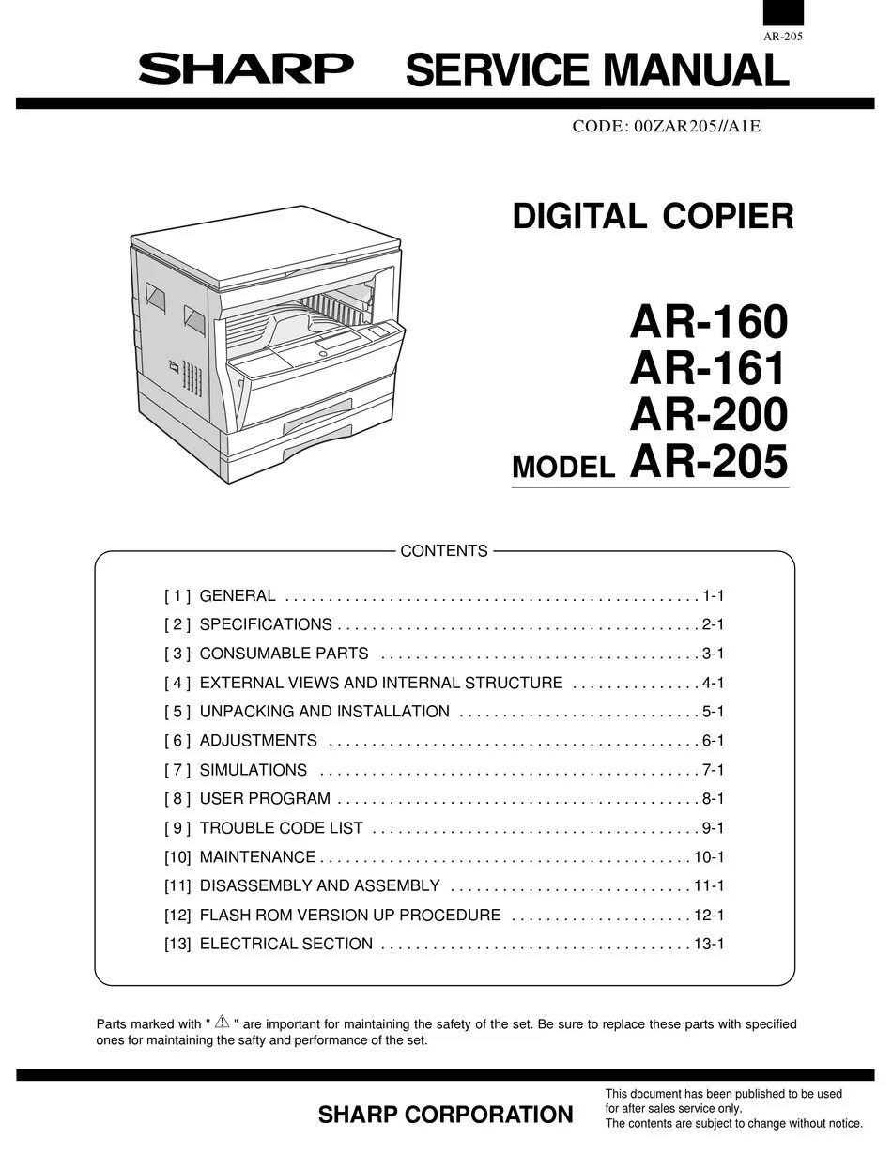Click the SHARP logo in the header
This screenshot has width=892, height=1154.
(246, 68)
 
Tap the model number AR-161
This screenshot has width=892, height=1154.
(708, 369)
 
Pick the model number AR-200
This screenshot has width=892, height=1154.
(708, 414)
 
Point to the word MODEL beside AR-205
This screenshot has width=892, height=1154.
(563, 468)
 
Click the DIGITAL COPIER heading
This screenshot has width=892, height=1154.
(653, 217)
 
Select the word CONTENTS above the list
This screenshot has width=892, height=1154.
(444, 551)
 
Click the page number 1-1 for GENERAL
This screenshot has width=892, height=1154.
(713, 595)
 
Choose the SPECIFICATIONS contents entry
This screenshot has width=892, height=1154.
(266, 624)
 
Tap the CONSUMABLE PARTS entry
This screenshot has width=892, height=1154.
(284, 654)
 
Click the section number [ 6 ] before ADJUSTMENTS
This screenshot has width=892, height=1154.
(177, 741)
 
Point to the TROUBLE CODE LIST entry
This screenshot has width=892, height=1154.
(281, 828)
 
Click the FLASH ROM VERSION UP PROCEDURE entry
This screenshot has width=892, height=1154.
(349, 916)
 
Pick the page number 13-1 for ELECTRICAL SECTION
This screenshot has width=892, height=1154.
(709, 945)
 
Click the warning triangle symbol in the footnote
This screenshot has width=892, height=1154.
(223, 1022)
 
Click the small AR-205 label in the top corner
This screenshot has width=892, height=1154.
(782, 37)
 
